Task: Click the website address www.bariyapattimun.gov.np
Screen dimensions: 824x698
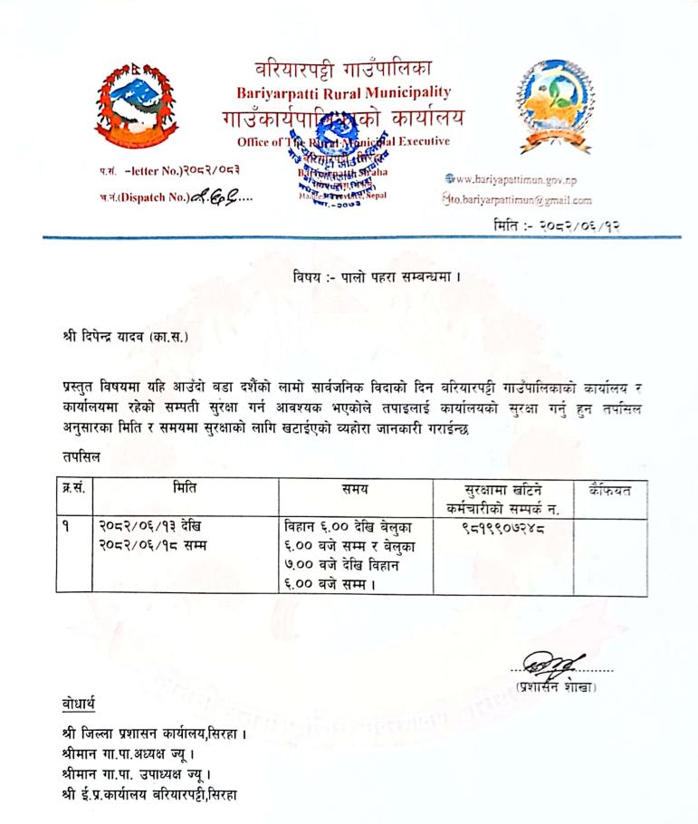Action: (524, 181)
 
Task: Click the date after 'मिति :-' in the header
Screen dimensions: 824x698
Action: (580, 223)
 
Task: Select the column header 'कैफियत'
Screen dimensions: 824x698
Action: (609, 490)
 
